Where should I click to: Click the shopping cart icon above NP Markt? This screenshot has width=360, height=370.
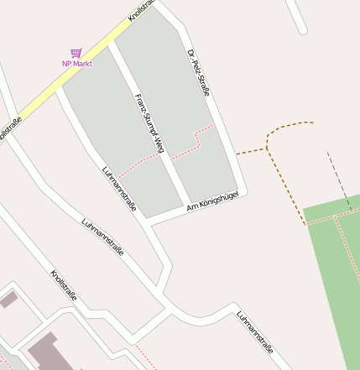click(76, 53)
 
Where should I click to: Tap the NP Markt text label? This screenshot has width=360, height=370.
click(77, 64)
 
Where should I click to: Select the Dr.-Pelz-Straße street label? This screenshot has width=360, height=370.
click(198, 73)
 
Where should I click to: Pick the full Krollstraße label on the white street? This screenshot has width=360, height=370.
click(64, 286)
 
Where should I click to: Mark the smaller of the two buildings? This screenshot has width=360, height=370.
click(8, 299)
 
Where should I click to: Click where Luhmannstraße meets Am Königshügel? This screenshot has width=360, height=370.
click(150, 221)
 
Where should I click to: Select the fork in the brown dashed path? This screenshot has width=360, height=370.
click(268, 149)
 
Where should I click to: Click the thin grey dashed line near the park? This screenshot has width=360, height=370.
click(339, 180)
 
